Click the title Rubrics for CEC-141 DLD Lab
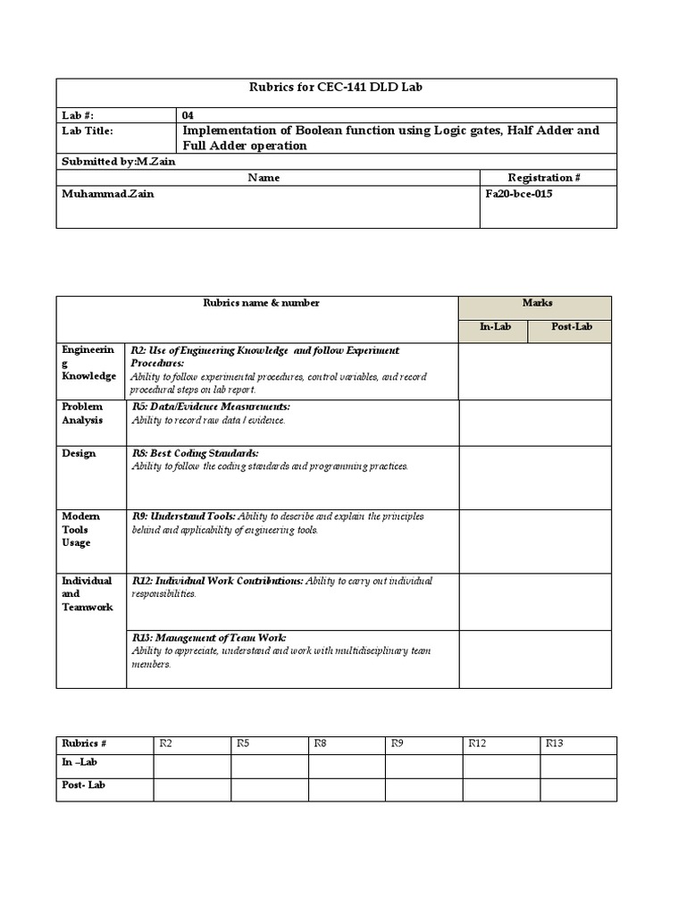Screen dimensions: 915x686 click(x=336, y=87)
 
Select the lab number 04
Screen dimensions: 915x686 click(x=188, y=115)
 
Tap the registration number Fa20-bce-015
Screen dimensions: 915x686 click(x=517, y=193)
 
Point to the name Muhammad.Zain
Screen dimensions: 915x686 click(x=107, y=193)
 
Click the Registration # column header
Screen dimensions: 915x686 click(x=544, y=178)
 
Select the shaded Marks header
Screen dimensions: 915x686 click(x=537, y=303)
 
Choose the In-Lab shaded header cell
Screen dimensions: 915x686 click(x=495, y=327)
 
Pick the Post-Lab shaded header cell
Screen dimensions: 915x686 click(x=572, y=327)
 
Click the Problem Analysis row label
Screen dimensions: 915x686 click(x=82, y=413)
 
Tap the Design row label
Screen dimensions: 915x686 click(x=79, y=453)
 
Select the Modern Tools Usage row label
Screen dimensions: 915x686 click(x=80, y=529)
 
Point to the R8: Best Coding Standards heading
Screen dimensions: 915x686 click(x=195, y=453)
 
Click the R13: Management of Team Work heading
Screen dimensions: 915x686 click(x=208, y=638)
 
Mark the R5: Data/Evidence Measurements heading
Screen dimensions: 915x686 click(x=210, y=407)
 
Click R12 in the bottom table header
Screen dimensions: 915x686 click(x=477, y=743)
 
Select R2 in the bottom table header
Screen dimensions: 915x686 click(x=165, y=743)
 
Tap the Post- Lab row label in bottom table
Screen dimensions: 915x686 click(x=84, y=785)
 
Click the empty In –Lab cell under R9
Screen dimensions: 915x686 click(x=424, y=766)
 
